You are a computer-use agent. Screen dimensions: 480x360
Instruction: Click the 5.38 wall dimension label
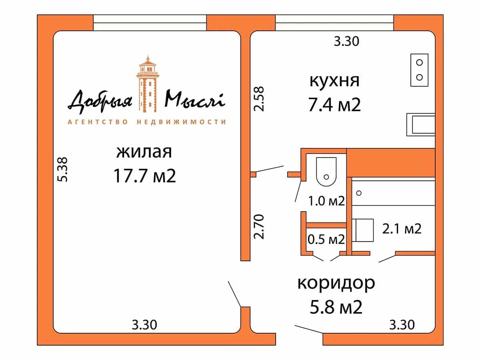pos(62,170)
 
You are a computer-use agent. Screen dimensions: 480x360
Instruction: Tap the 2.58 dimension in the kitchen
pos(259,99)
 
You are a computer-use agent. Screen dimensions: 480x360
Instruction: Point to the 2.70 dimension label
pos(259,227)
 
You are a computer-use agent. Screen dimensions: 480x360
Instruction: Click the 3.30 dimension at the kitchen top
pos(347,41)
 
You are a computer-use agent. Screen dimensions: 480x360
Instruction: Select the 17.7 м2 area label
pos(145,176)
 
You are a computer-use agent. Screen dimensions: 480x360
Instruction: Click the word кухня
pos(334,81)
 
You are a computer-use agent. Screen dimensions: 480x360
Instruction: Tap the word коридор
pos(336,284)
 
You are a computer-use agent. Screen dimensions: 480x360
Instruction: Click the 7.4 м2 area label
pos(334,105)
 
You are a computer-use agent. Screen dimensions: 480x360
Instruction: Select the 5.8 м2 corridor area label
pos(336,307)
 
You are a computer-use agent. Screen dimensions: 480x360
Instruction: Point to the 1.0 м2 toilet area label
pos(326,201)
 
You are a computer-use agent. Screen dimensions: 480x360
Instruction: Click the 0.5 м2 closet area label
pos(326,239)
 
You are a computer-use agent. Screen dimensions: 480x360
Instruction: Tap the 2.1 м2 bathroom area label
pos(402,229)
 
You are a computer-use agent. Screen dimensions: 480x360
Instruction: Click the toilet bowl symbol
pos(326,172)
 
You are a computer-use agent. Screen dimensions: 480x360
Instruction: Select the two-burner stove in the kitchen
pos(420,70)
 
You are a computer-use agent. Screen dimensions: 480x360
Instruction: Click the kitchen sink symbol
pos(421,124)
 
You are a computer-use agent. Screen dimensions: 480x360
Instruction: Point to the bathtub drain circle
pos(359,193)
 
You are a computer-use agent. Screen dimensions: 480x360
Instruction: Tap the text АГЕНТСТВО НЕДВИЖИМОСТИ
pos(147,122)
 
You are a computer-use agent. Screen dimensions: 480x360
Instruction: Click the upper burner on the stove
pos(420,62)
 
